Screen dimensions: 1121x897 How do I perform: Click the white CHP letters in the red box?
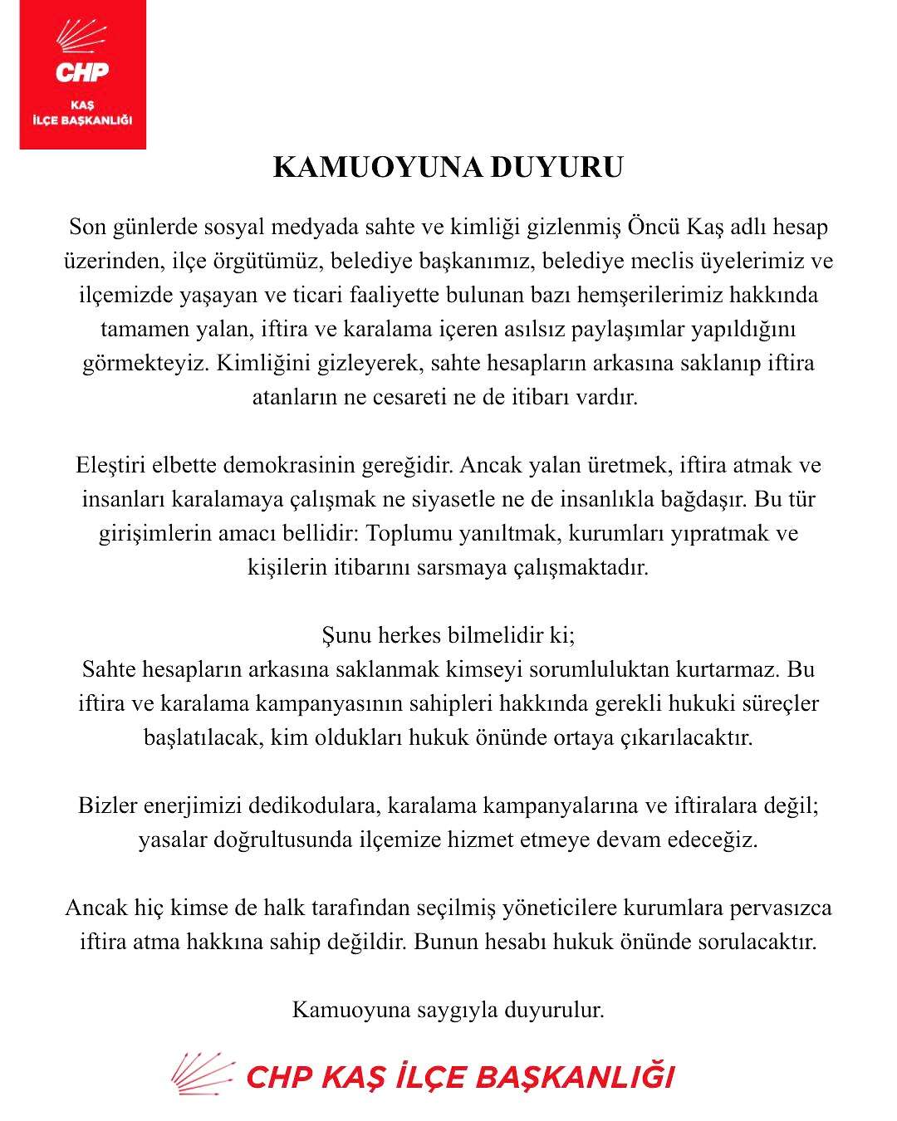[x=82, y=73]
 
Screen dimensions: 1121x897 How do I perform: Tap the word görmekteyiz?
[x=132, y=363]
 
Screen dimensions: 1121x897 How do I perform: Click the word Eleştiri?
[x=108, y=465]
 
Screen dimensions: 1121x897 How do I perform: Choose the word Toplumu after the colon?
[x=409, y=533]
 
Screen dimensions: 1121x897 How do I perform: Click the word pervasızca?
[x=780, y=908]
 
